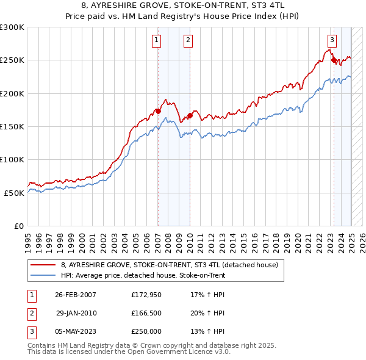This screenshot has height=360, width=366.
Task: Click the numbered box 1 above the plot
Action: click(x=157, y=41)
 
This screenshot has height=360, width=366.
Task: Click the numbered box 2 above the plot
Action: click(x=188, y=41)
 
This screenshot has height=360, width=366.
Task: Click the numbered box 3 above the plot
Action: click(x=332, y=41)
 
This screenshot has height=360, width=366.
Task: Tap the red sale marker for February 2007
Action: click(x=158, y=111)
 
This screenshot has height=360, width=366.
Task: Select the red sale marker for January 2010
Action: click(x=190, y=115)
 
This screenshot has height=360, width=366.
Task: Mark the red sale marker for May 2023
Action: click(x=334, y=60)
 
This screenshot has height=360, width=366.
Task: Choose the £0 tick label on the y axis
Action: click(x=18, y=226)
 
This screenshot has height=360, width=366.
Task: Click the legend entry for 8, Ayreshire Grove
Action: click(x=169, y=265)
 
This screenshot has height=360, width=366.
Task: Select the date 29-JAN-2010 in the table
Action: click(x=76, y=313)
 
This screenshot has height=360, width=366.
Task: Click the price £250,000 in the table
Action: click(x=146, y=331)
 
